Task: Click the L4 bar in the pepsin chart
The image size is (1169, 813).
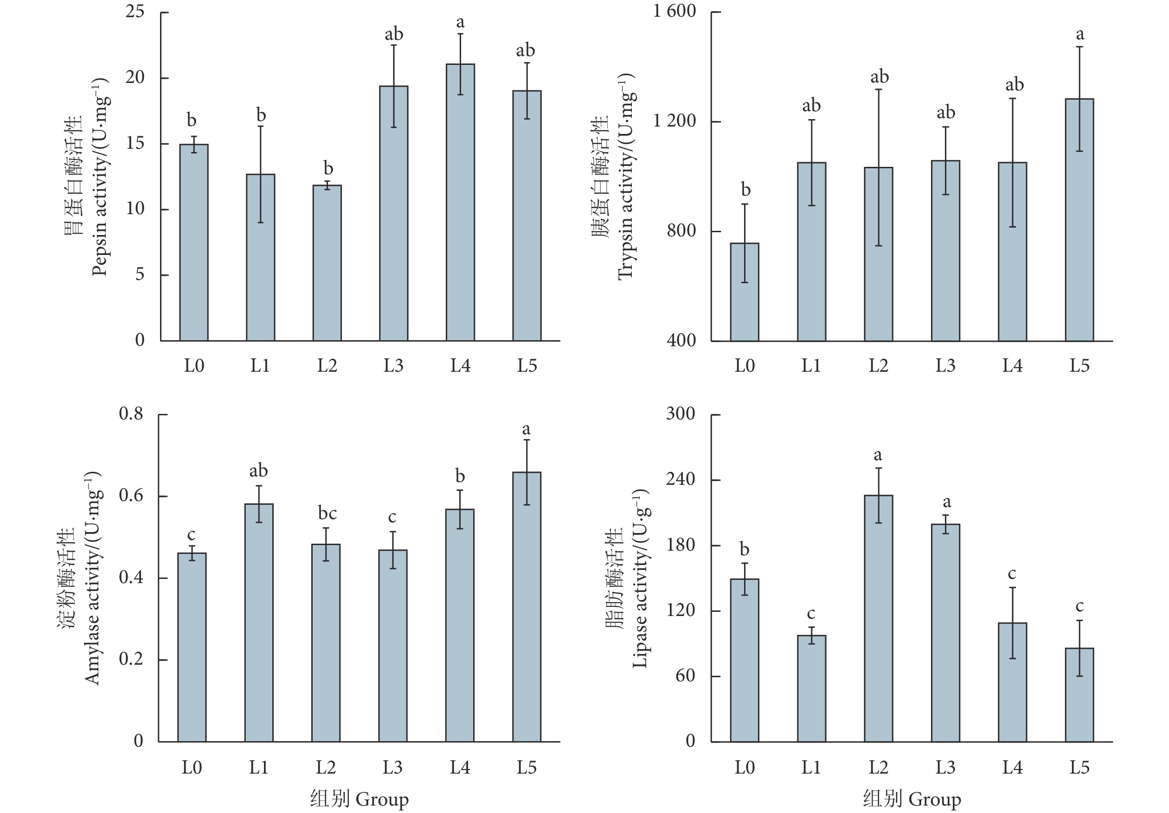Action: pos(460,203)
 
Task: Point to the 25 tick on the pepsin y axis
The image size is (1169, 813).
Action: pos(135,12)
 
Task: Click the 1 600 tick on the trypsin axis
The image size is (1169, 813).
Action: pos(674,11)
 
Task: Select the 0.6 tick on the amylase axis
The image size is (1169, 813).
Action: pos(131,495)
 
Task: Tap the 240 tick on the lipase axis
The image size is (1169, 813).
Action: pos(680,479)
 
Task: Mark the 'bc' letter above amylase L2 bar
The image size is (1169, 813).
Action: pos(328,514)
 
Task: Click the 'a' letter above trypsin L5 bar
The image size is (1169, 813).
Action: pos(1079,35)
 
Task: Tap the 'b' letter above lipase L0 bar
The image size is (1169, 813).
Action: pos(745,549)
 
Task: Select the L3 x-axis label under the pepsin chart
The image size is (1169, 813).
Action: pos(393,365)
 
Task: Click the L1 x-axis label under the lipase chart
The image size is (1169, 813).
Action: pos(811,767)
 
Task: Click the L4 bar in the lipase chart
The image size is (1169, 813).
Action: pos(1012,682)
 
